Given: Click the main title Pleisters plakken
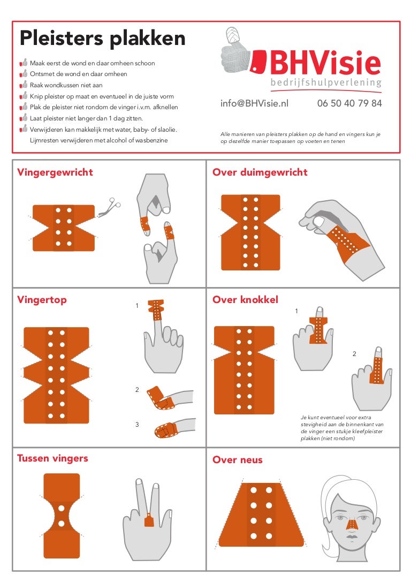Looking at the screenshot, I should [x=102, y=39].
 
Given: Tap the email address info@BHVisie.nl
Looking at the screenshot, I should [x=254, y=104].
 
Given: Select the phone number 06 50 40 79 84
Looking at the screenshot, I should [x=349, y=104].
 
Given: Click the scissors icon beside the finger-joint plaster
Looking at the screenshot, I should [x=110, y=208].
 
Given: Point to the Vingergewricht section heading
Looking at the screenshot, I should [x=55, y=172].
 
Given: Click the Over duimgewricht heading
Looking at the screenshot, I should [x=260, y=172].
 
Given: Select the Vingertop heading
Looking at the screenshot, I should [x=42, y=300].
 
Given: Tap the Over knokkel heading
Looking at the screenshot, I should [x=246, y=300].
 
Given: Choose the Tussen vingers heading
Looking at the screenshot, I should [x=52, y=458].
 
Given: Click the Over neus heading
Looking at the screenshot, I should [x=238, y=459].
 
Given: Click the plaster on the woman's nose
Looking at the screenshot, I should [x=351, y=523].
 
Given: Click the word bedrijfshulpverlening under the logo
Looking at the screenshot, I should [x=326, y=83].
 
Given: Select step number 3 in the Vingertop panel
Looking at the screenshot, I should [x=137, y=425].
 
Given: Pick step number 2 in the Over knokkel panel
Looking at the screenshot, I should [x=354, y=354].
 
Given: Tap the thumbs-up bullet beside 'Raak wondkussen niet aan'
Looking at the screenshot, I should [x=24, y=85].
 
